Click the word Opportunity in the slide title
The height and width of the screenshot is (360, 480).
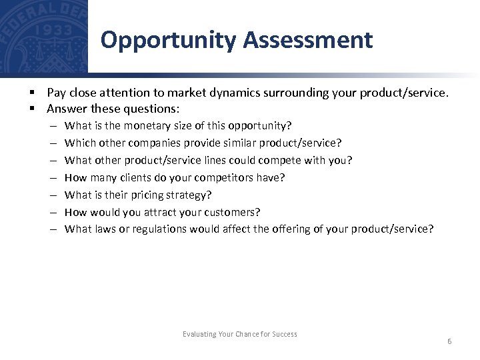pos(168,41)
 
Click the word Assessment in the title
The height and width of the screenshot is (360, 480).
pos(307,40)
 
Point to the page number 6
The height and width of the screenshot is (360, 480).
pos(449,341)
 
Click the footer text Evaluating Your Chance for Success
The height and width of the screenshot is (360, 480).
pos(240,334)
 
